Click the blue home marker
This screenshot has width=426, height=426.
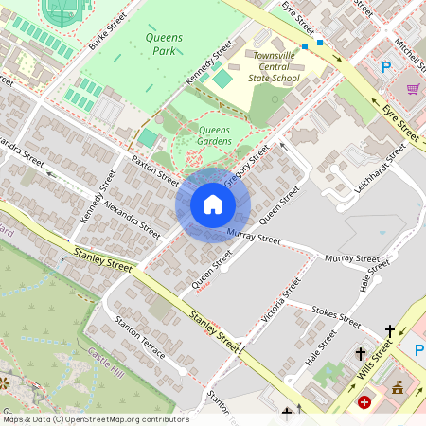point(212,204)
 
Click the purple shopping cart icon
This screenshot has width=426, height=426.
point(413,89)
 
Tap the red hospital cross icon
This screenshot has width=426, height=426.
point(364,402)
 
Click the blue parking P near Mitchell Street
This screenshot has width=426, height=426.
point(385,67)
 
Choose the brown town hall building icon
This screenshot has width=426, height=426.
point(398,387)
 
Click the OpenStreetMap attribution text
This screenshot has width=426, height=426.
point(95,419)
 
